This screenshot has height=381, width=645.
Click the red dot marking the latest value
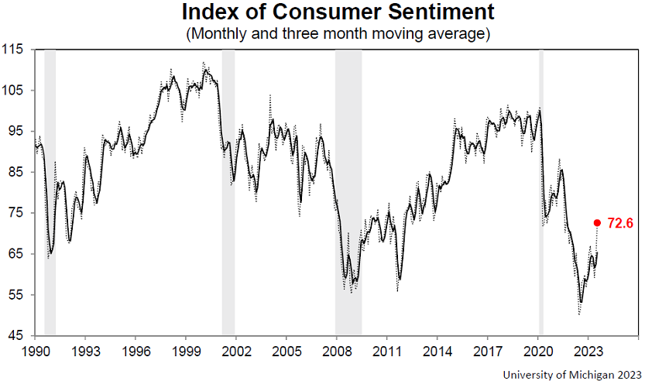click(x=597, y=223)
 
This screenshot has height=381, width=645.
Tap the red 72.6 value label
click(x=620, y=223)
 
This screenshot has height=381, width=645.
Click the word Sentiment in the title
click(x=441, y=12)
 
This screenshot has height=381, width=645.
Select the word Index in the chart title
click(x=210, y=12)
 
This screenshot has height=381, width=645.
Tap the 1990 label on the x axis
click(x=35, y=352)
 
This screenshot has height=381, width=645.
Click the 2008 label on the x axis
click(x=337, y=352)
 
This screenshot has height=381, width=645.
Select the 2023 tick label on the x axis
click(x=588, y=352)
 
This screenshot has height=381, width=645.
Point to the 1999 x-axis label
click(x=186, y=352)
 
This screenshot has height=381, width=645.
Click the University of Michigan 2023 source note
click(x=571, y=375)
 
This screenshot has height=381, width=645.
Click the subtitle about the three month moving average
click(x=338, y=33)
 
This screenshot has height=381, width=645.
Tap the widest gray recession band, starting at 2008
click(x=348, y=193)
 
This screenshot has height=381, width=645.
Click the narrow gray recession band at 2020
click(x=541, y=193)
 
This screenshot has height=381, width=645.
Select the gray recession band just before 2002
click(x=228, y=193)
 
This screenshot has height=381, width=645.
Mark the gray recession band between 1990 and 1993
click(x=50, y=193)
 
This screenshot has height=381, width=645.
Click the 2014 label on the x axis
click(x=437, y=352)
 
